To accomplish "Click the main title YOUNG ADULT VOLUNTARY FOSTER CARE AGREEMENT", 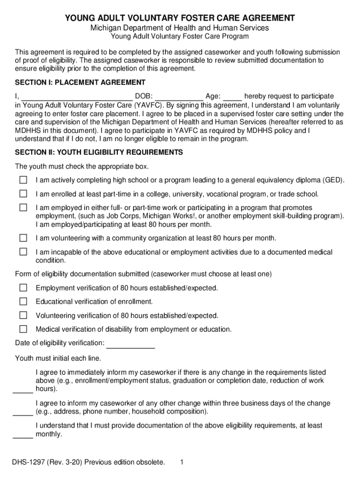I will pyautogui.click(x=180, y=18).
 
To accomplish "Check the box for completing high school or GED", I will pyautogui.click(x=23, y=180).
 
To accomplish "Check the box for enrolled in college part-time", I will pyautogui.click(x=23, y=194).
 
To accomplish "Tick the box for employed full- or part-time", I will pyautogui.click(x=23, y=207).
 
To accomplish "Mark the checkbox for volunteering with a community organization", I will pyautogui.click(x=23, y=238).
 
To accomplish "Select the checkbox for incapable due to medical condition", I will pyautogui.click(x=23, y=252).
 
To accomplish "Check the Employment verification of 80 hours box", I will pyautogui.click(x=23, y=288).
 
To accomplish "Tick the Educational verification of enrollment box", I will pyautogui.click(x=23, y=301).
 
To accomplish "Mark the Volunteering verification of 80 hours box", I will pyautogui.click(x=23, y=315).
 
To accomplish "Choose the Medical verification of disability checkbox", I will pyautogui.click(x=23, y=329).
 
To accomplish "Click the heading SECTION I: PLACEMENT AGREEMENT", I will pyautogui.click(x=80, y=83).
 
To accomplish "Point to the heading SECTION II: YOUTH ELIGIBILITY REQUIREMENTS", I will pyautogui.click(x=99, y=153).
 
